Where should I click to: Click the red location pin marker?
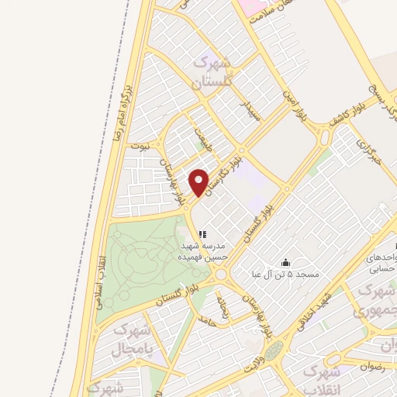coord(199,182)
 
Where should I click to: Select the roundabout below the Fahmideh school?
coord(221,273)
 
